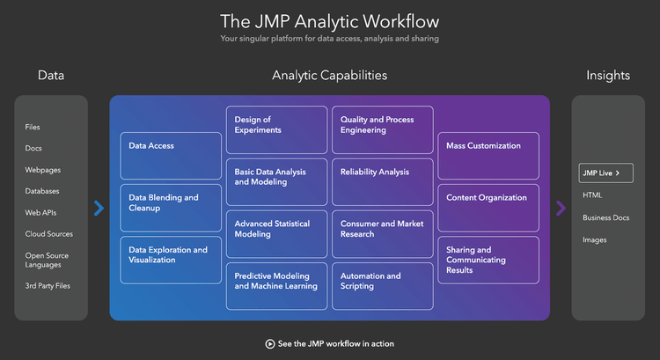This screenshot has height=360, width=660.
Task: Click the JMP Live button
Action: (x=605, y=173)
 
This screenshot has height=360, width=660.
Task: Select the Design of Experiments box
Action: (x=276, y=129)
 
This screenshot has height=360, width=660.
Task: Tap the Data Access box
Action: (x=171, y=156)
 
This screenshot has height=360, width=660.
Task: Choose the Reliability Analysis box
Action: (x=382, y=181)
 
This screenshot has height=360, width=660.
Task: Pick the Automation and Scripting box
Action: (x=382, y=285)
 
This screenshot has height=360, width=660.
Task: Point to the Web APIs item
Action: (x=40, y=212)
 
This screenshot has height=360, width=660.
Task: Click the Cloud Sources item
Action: (x=49, y=234)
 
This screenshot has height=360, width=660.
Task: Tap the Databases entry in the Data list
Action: (x=43, y=191)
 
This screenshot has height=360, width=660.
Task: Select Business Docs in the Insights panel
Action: (x=605, y=217)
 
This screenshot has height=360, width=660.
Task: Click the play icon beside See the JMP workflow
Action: (x=270, y=343)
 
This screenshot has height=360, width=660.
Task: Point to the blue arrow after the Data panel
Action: (x=99, y=208)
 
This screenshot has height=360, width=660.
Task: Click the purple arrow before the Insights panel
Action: (x=561, y=208)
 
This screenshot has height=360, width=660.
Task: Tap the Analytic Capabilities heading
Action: (x=329, y=76)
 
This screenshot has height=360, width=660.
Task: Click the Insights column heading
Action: (x=608, y=76)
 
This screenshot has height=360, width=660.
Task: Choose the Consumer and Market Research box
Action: (x=382, y=233)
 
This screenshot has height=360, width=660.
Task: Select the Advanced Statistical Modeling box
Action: (x=276, y=233)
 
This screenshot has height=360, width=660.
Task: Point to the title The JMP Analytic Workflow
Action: (x=329, y=21)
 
